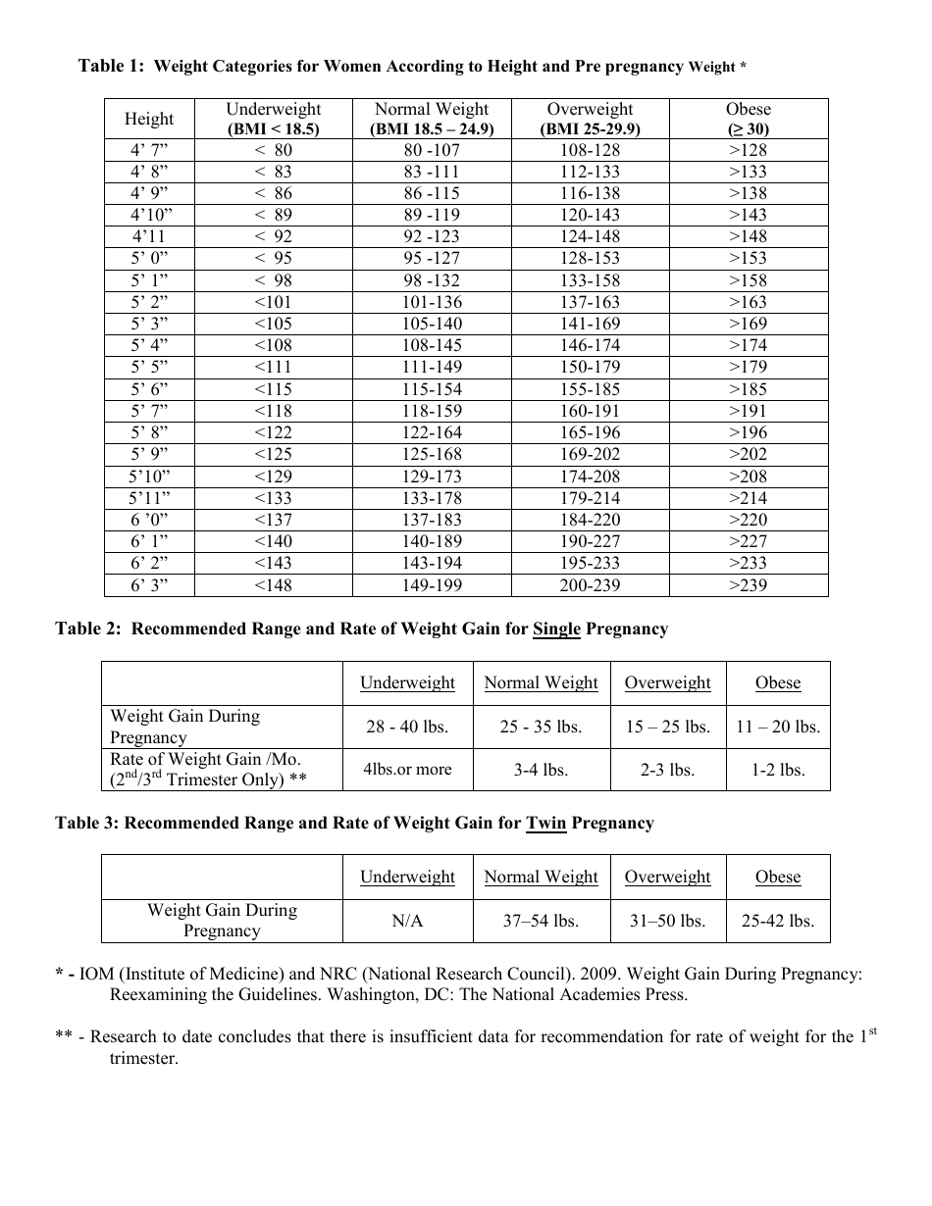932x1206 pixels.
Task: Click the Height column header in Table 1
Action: tap(149, 119)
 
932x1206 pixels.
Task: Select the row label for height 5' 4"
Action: tap(149, 345)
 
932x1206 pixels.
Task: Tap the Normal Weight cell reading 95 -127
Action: tap(432, 259)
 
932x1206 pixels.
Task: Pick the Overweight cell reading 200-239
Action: tap(590, 585)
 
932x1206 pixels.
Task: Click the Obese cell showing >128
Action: tap(749, 150)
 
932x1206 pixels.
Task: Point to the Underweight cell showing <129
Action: tap(273, 477)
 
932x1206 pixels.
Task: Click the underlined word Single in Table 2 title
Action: tap(556, 629)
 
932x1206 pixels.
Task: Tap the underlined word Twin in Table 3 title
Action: tap(546, 824)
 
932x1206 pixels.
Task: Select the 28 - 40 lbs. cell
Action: tap(407, 728)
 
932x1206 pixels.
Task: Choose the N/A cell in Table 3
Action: tap(407, 922)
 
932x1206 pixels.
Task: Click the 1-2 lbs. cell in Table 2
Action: tap(778, 771)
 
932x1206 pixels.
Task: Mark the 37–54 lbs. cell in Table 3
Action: tap(541, 922)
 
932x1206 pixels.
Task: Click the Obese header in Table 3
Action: tap(778, 878)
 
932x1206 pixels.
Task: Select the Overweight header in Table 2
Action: tap(667, 683)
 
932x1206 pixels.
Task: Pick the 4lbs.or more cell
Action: tap(407, 771)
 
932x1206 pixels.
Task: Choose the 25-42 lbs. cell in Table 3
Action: tap(778, 922)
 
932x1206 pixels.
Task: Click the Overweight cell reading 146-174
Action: tap(590, 345)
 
